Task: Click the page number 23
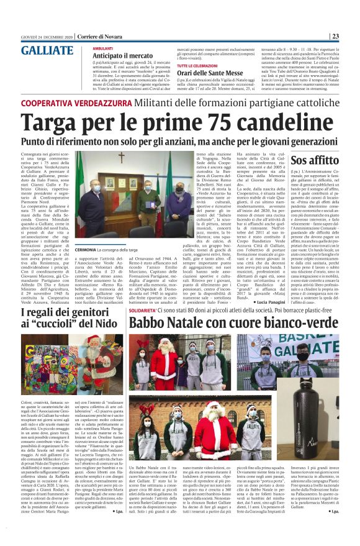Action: [352, 36]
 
